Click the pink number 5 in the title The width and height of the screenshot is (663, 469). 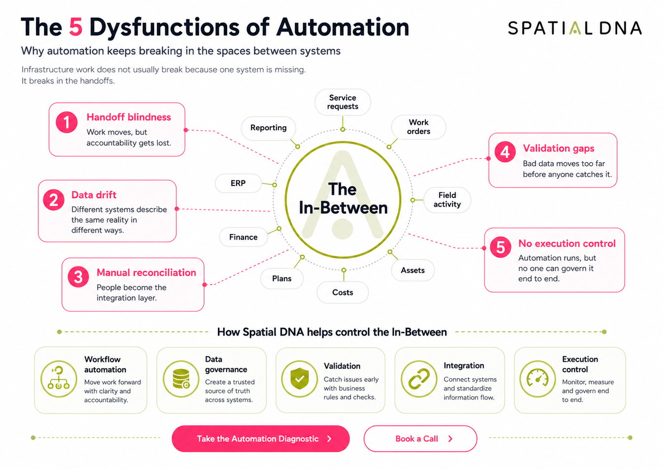[75, 27]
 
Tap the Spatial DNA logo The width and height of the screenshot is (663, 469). [575, 28]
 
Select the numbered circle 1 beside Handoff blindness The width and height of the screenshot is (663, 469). [67, 122]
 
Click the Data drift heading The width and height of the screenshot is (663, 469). [94, 195]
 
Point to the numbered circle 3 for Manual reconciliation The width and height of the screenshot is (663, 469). [78, 277]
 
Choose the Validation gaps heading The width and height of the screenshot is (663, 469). [558, 148]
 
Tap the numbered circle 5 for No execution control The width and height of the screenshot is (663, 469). [500, 247]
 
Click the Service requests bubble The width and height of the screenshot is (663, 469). [343, 102]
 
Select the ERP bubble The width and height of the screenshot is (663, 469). [238, 183]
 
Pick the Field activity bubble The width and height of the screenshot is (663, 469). [447, 200]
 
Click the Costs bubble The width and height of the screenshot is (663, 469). [343, 292]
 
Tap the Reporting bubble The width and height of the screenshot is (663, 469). [269, 128]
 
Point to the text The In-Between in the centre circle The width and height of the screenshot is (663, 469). [343, 198]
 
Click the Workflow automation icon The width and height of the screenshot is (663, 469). [59, 379]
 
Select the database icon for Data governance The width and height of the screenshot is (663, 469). [181, 379]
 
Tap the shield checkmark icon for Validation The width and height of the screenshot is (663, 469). [300, 379]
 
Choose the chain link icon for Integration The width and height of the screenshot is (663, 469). [419, 379]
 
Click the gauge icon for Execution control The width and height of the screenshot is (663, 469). [537, 379]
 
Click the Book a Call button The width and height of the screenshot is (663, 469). [420, 438]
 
